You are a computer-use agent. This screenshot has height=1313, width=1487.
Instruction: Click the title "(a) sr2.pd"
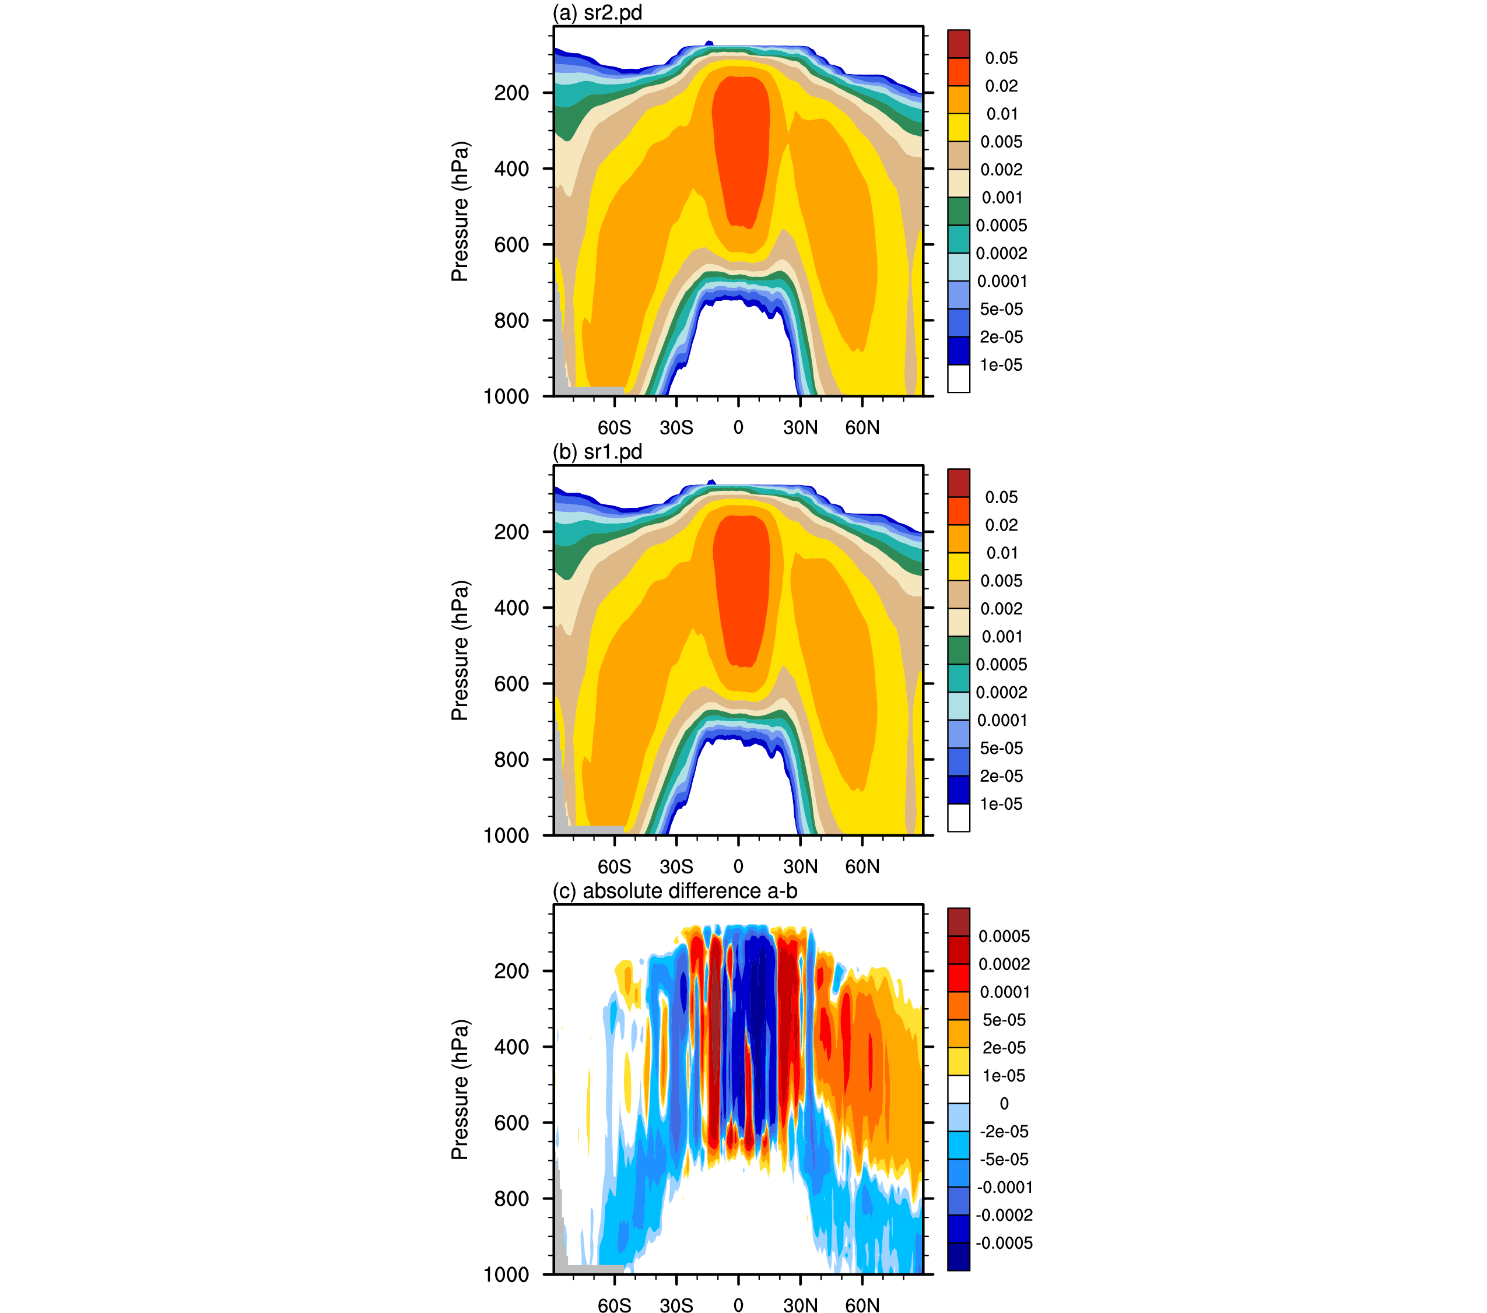tap(597, 12)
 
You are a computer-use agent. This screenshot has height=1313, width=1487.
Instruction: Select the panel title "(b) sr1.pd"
tap(597, 452)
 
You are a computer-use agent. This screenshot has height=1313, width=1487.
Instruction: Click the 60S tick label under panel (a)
tap(614, 428)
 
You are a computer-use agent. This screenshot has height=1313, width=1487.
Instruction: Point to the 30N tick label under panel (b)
tap(800, 866)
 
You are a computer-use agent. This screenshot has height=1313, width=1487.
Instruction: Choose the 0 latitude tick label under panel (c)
tap(738, 1306)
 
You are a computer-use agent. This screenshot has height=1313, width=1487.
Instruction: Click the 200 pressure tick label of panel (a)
tap(511, 93)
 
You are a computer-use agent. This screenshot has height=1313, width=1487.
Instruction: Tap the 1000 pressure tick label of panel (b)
tap(506, 836)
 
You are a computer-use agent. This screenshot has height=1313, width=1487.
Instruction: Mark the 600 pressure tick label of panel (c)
tap(511, 1123)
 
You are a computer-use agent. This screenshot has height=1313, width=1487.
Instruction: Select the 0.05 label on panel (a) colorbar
tap(1001, 58)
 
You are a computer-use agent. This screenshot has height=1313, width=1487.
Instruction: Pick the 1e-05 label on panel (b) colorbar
tap(1001, 804)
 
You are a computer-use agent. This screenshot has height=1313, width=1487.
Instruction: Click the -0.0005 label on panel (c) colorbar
tap(1004, 1243)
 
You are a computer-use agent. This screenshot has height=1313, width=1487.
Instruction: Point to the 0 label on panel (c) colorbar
tap(1004, 1104)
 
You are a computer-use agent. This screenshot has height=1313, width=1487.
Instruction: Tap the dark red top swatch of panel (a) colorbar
tap(958, 44)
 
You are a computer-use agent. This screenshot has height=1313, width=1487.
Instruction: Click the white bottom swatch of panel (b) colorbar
tap(958, 817)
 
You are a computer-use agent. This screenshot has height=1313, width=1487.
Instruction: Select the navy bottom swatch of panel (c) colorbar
tap(958, 1257)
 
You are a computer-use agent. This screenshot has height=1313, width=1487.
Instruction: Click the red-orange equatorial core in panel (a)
tap(741, 149)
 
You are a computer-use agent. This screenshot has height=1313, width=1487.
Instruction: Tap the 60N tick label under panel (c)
tap(862, 1306)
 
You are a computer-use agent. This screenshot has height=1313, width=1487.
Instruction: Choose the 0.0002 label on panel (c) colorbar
tap(1004, 964)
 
